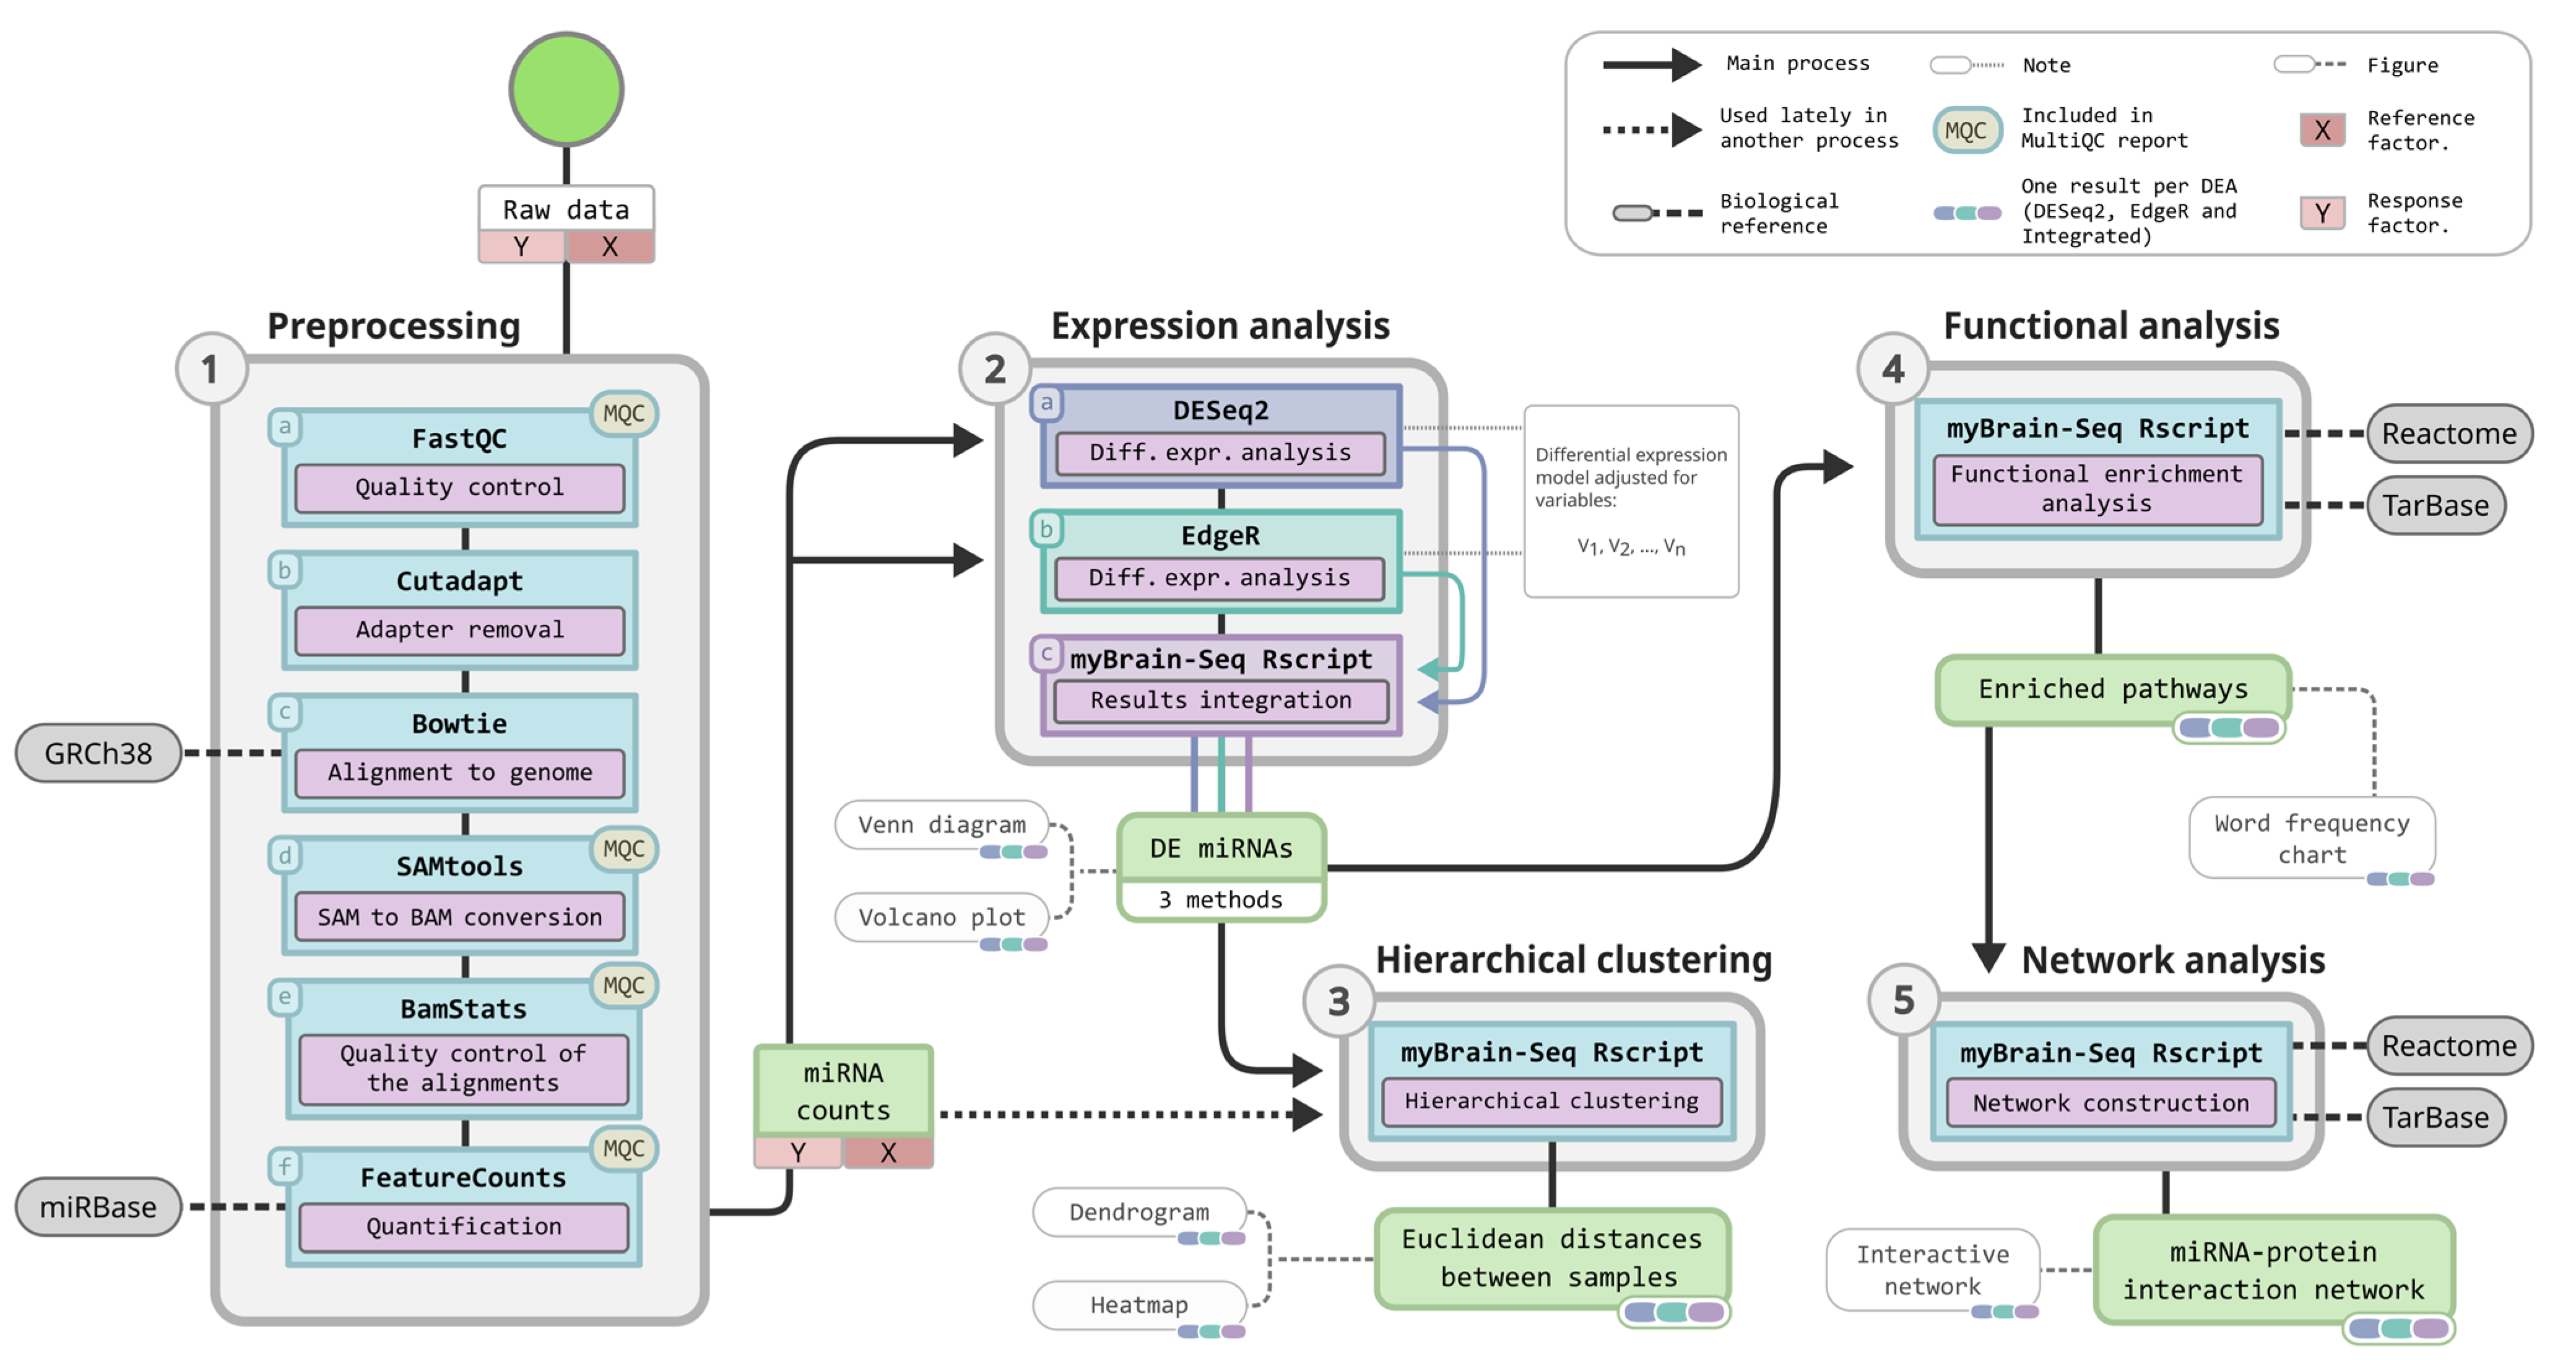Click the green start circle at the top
[566, 89]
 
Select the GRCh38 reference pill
[98, 753]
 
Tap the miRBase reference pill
[98, 1206]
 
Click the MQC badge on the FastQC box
[624, 414]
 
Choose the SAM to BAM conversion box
[459, 917]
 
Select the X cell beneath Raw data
[610, 246]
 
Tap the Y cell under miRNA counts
[797, 1153]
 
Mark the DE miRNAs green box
[1221, 848]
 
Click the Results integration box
[1221, 700]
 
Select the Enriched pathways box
[2112, 689]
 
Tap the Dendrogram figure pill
[1140, 1211]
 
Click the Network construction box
[2110, 1103]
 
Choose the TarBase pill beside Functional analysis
[2436, 505]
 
